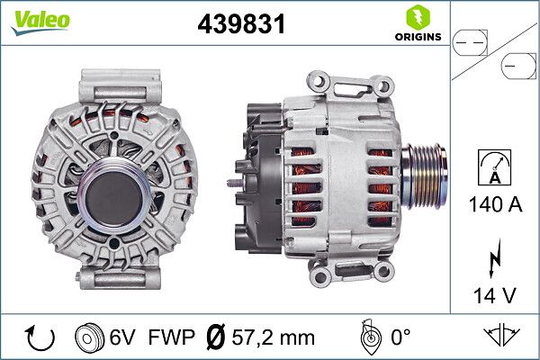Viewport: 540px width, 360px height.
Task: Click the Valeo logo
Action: (40, 22)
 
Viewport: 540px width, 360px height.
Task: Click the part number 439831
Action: (241, 23)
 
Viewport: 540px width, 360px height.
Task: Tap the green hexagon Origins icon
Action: (418, 17)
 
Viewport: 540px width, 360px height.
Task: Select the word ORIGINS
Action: (418, 37)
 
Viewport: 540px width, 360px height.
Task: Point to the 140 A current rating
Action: (495, 204)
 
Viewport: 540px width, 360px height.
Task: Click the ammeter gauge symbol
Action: (495, 167)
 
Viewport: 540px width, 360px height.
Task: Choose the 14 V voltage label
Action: (495, 295)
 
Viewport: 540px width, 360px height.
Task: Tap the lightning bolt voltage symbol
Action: (495, 258)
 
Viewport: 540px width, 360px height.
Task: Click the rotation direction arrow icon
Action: (40, 337)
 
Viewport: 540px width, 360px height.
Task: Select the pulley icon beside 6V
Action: (89, 337)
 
